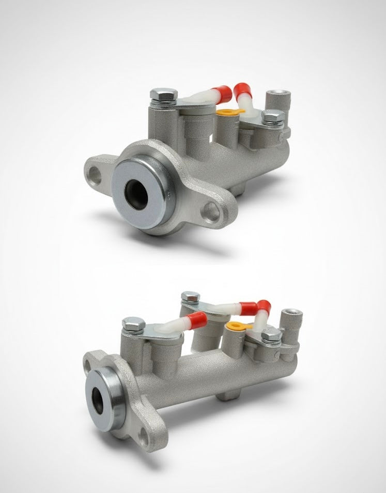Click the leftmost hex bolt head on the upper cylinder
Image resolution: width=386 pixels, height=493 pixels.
coord(163,95)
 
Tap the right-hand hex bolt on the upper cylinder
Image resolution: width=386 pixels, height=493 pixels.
coord(273,116)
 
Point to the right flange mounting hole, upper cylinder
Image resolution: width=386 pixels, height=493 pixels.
coord(211,212)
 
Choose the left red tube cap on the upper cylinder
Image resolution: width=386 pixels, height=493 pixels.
coord(222,93)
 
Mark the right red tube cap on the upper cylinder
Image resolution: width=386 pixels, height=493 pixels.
coord(242,93)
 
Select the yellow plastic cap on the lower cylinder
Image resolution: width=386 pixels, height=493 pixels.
coord(237,326)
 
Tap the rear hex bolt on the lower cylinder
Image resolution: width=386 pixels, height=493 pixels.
coord(190,297)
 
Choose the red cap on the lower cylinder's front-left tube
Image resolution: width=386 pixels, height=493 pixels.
coord(197,320)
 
